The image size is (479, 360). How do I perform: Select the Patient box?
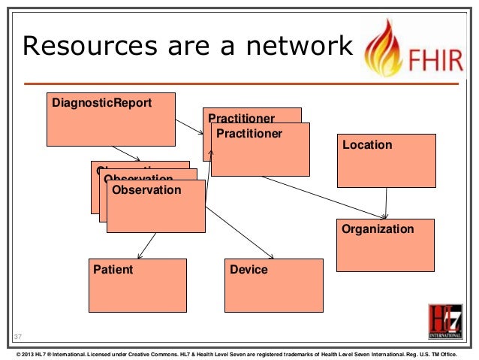[x=137, y=285]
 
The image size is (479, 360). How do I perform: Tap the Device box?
[x=274, y=285]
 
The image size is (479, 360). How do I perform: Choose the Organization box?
[x=385, y=245]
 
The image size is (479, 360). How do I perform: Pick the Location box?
[x=386, y=160]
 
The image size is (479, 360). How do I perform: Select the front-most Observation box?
[x=156, y=206]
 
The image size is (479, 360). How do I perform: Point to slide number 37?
[x=18, y=336]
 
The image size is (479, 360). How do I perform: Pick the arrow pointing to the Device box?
[x=240, y=233]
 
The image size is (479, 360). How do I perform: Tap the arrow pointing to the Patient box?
[x=147, y=244]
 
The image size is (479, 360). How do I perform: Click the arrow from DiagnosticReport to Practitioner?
[x=189, y=126]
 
